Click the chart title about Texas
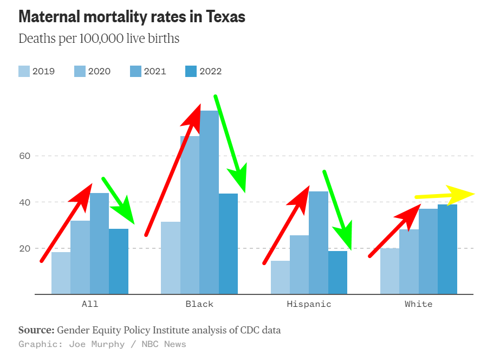[132, 17]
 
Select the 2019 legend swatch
[24, 71]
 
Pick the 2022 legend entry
[203, 71]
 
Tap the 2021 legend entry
[148, 71]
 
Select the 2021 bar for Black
[209, 206]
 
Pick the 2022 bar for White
[447, 249]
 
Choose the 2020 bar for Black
[190, 217]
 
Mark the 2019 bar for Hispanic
[280, 277]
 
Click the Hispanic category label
[309, 304]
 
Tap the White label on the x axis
[419, 304]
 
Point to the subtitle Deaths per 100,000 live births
[99, 39]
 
